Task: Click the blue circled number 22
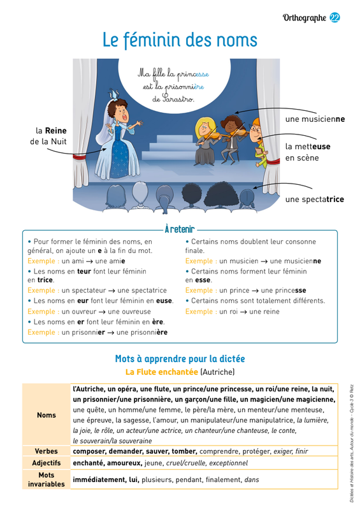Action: (x=335, y=18)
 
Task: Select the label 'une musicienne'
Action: (x=315, y=119)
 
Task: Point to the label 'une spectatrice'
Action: (x=315, y=199)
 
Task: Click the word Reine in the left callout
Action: (x=55, y=131)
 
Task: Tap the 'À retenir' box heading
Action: (x=180, y=229)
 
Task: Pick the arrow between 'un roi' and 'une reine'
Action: (x=243, y=312)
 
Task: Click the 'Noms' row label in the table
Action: (x=46, y=415)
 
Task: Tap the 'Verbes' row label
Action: (x=46, y=451)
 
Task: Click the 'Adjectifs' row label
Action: (x=46, y=463)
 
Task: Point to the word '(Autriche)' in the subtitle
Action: (x=217, y=372)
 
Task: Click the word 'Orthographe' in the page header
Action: (x=305, y=18)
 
